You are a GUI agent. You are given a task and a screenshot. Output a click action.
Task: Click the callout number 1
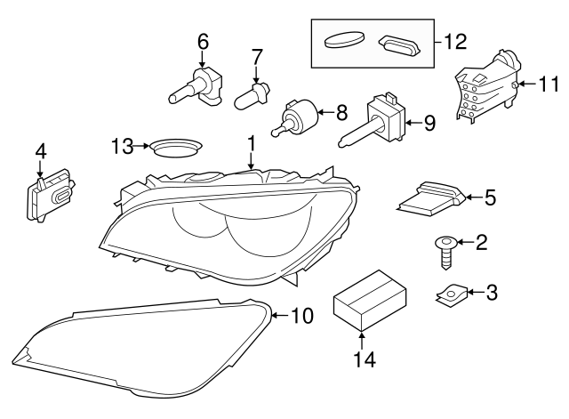pyautogui.click(x=251, y=142)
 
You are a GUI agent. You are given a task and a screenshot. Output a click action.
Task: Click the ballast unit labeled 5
pyautogui.click(x=429, y=197)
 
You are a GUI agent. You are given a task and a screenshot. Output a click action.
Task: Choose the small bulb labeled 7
pyautogui.click(x=252, y=94)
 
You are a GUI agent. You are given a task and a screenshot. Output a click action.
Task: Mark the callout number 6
pyautogui.click(x=203, y=40)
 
